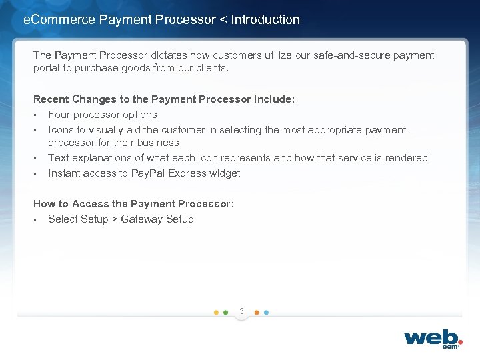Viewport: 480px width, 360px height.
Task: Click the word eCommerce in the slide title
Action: point(59,20)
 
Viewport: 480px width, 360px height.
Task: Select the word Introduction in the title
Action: point(265,20)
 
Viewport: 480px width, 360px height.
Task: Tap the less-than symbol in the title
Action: point(223,20)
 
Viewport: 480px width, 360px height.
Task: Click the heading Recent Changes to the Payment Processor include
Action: point(164,99)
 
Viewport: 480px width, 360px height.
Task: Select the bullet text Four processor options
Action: point(103,115)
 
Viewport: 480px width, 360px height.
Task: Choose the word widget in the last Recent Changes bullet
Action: point(224,173)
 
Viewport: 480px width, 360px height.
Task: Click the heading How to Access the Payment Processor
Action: point(133,204)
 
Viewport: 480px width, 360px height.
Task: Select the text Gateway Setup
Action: point(157,219)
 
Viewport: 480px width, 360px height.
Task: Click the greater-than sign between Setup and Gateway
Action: point(114,219)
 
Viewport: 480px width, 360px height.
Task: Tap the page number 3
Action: point(241,311)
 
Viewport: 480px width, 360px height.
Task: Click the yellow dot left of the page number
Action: point(216,312)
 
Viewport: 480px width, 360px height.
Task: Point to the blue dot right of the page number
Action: point(266,312)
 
